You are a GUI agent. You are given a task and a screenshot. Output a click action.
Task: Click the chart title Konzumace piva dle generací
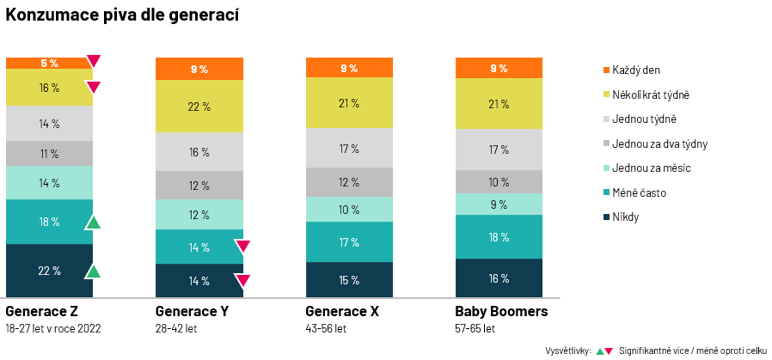(122, 15)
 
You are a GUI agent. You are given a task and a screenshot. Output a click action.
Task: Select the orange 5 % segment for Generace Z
(49, 63)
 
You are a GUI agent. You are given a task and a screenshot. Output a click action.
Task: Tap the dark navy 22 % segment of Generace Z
(49, 271)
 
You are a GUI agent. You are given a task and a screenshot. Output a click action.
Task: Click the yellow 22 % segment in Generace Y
(199, 107)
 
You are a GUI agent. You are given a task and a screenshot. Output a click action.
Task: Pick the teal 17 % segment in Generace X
(349, 242)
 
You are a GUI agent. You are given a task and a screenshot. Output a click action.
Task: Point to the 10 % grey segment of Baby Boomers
(499, 181)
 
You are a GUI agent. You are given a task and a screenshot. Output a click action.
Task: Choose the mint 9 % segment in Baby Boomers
(499, 204)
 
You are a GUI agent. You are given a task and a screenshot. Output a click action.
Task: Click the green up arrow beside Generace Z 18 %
(93, 223)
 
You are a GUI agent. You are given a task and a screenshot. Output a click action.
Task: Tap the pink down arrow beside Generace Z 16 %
(93, 87)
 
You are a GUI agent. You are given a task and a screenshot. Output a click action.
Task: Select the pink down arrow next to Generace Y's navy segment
(242, 280)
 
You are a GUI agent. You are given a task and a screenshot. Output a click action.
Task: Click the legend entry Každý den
(636, 70)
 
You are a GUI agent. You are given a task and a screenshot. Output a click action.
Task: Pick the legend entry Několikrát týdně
(650, 95)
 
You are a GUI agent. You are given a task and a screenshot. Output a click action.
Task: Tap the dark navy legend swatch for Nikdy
(605, 217)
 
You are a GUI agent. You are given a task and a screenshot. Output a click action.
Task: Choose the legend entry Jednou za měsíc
(651, 168)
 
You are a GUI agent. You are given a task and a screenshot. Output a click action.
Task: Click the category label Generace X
(342, 311)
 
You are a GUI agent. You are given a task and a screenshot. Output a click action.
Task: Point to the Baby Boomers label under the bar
(501, 311)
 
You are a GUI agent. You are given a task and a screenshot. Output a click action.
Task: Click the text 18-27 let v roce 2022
(53, 328)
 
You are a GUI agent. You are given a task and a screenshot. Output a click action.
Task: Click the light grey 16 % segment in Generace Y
(199, 152)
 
